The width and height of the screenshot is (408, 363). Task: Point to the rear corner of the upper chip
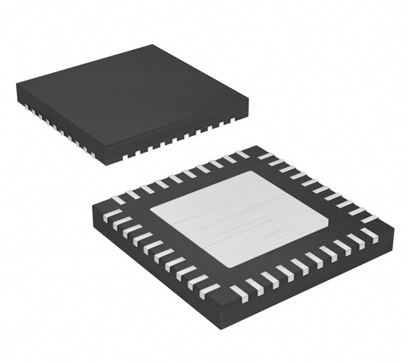click(x=152, y=45)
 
